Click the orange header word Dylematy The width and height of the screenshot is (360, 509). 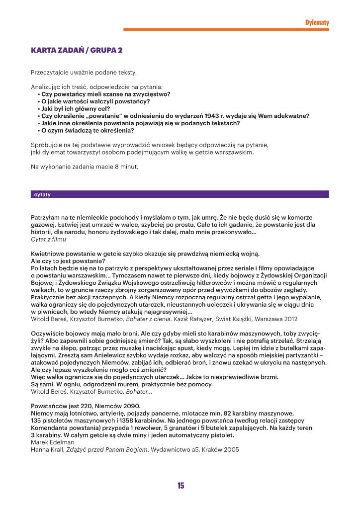[x=317, y=22]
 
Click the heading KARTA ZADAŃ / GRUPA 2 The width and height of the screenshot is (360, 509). [x=77, y=50]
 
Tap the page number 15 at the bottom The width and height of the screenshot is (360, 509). [x=180, y=486]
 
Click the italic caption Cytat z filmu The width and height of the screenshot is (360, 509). [x=49, y=239]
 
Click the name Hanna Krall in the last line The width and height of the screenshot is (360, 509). [x=47, y=449]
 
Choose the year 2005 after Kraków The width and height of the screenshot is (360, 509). [x=231, y=449]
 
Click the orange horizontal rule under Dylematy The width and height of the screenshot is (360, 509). [x=226, y=30]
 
